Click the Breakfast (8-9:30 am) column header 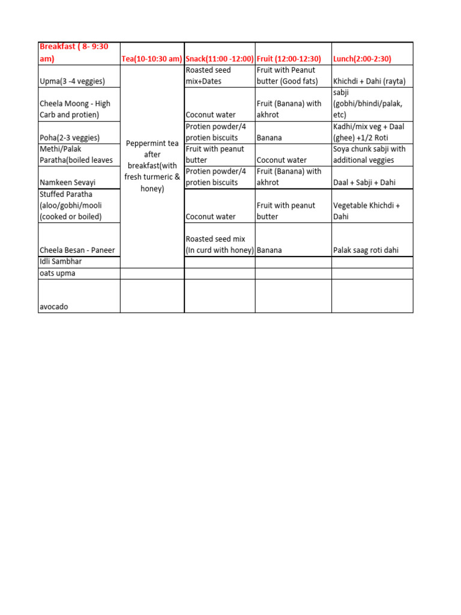74,53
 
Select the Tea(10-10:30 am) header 152,59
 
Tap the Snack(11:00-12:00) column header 220,59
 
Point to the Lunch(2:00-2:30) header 362,59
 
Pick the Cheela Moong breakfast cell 75,109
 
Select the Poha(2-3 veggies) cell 70,138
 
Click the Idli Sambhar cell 61,262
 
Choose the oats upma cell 58,273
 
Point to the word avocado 54,306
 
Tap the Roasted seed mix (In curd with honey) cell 220,244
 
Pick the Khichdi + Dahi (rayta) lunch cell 369,81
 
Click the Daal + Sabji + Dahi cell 363,182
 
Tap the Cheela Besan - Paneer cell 77,250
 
